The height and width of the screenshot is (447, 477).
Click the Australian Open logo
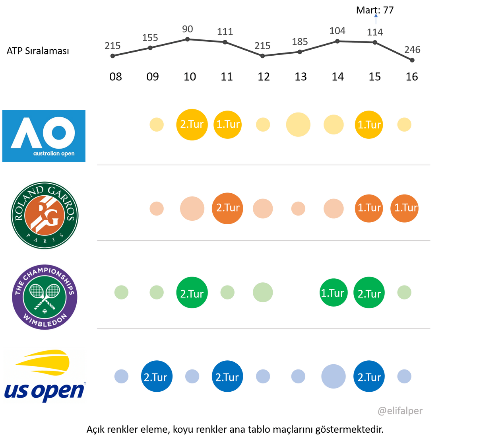pyautogui.click(x=44, y=136)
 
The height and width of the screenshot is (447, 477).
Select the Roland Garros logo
pyautogui.click(x=45, y=215)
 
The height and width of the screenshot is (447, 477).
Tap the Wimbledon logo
pyautogui.click(x=45, y=297)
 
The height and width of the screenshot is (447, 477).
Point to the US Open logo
pyautogui.click(x=45, y=376)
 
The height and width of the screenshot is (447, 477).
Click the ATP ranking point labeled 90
pyautogui.click(x=188, y=39)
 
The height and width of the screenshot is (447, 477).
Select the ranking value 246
pyautogui.click(x=412, y=50)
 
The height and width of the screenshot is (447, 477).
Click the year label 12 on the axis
pyautogui.click(x=264, y=77)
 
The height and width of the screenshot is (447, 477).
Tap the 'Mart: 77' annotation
pyautogui.click(x=375, y=10)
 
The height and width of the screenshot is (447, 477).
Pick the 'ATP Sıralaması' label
pyautogui.click(x=38, y=51)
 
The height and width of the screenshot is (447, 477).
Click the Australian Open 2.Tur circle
pyautogui.click(x=192, y=124)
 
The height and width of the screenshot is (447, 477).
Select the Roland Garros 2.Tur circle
pyautogui.click(x=227, y=208)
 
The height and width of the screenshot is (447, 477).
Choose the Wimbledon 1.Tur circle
pyautogui.click(x=334, y=292)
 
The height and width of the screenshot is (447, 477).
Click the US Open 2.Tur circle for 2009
pyautogui.click(x=157, y=376)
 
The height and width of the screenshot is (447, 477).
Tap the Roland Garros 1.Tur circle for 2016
pyautogui.click(x=404, y=208)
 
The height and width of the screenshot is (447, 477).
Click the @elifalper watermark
pyautogui.click(x=400, y=411)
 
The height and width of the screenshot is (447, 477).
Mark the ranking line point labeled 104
pyautogui.click(x=337, y=41)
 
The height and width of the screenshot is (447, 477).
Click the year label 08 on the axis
pyautogui.click(x=116, y=77)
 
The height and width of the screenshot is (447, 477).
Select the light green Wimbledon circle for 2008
pyautogui.click(x=121, y=292)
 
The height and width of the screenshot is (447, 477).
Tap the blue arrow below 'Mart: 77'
pyautogui.click(x=376, y=19)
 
